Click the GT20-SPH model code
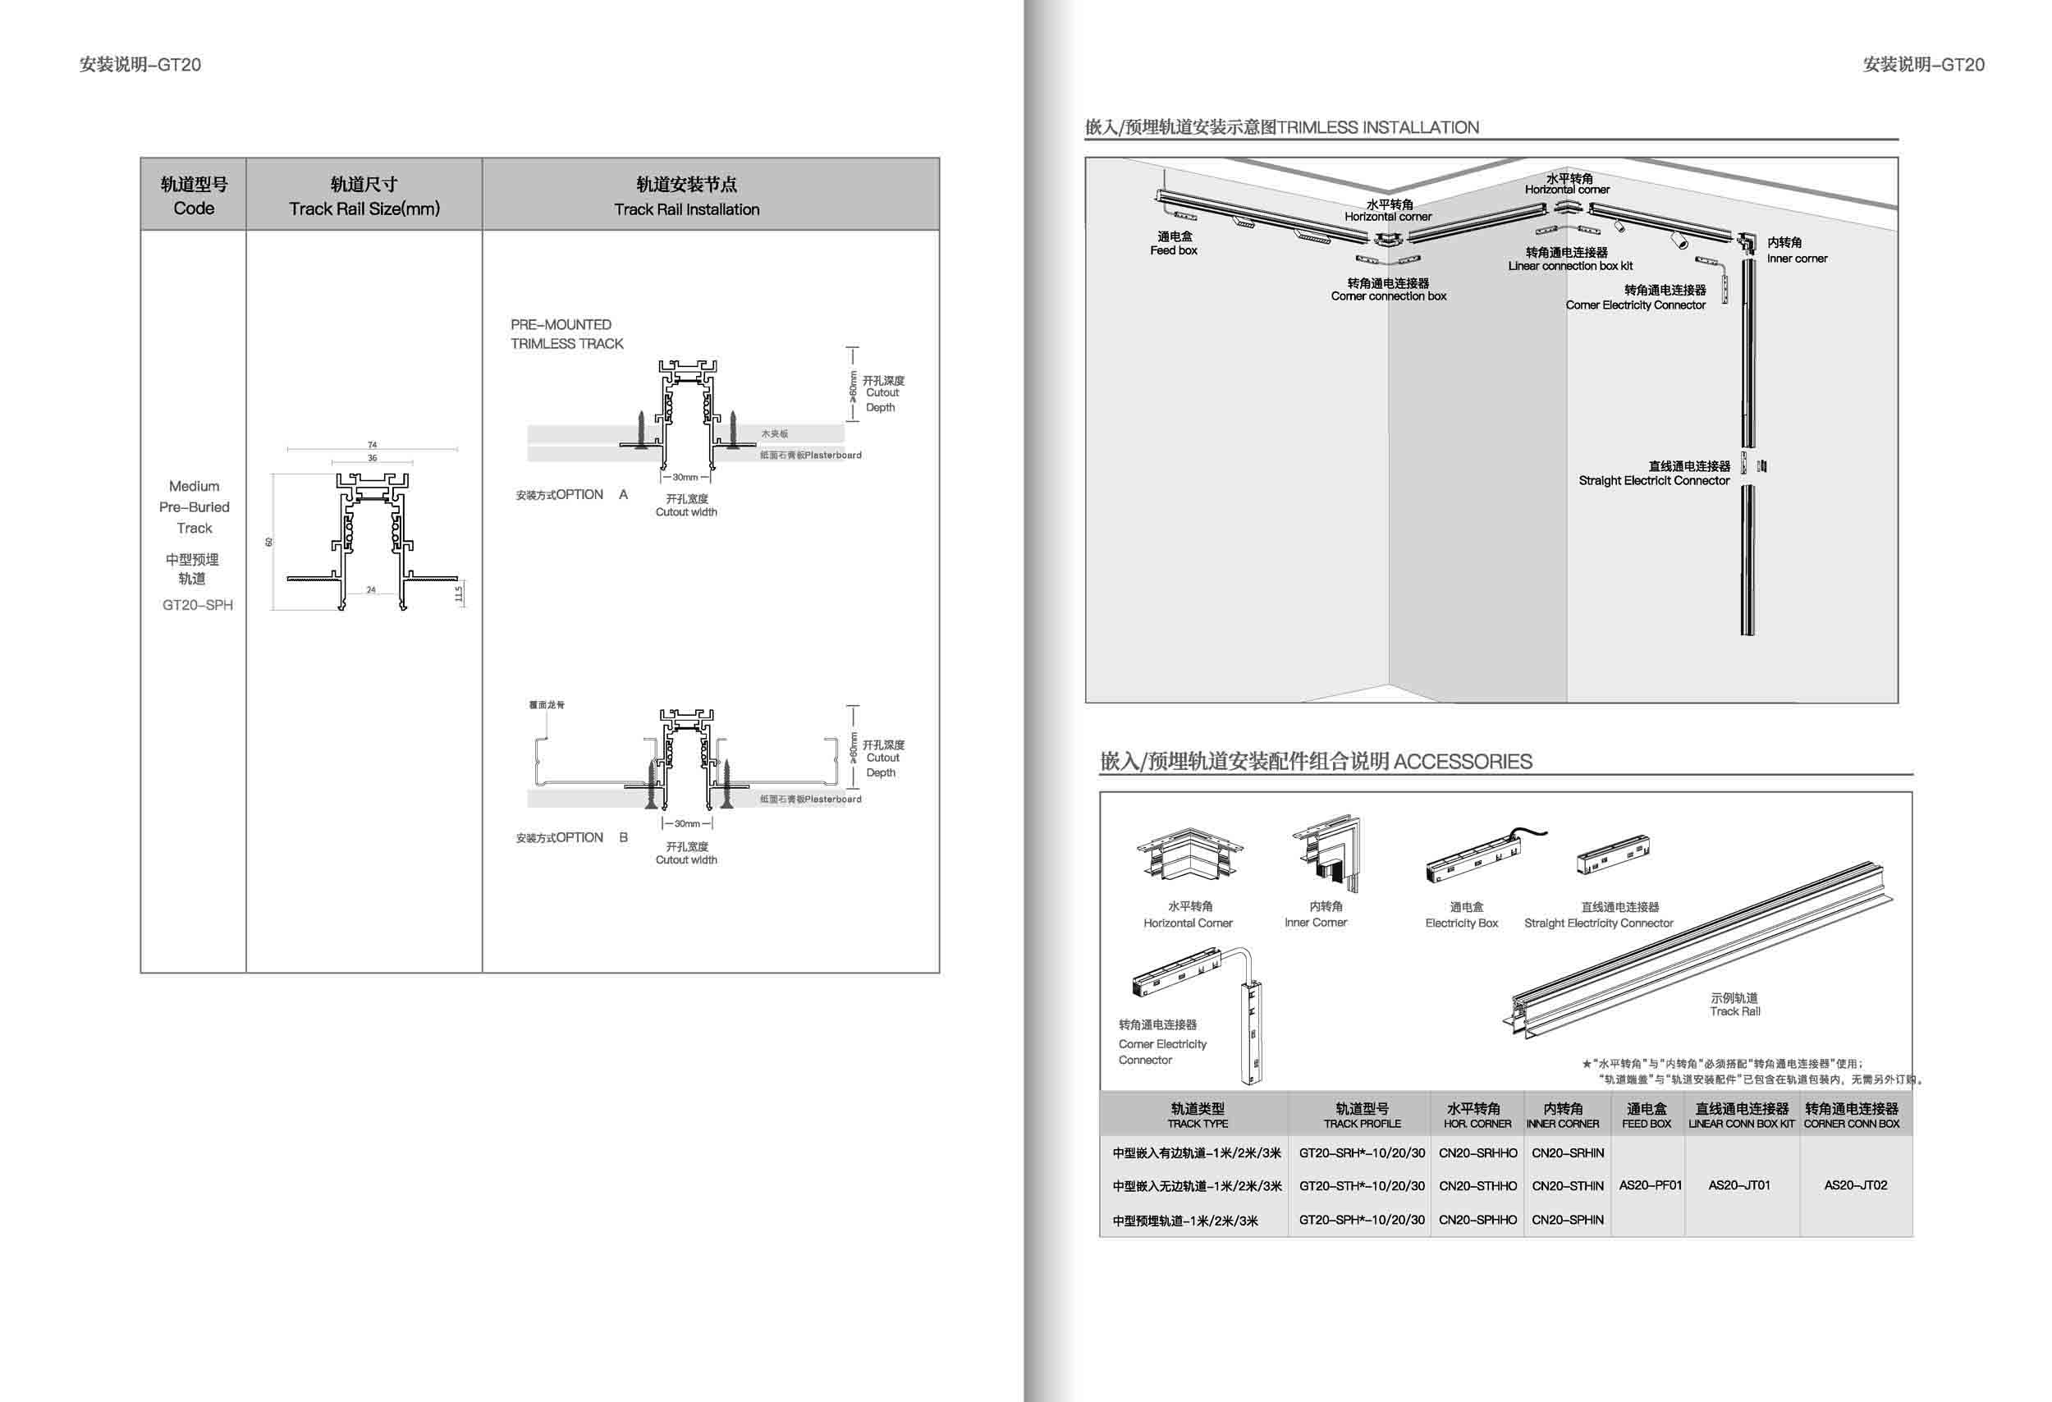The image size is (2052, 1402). pos(197,605)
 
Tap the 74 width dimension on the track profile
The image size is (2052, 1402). pos(373,445)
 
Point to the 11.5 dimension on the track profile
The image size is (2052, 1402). pos(458,594)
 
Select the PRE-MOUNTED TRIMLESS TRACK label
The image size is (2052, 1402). pos(566,334)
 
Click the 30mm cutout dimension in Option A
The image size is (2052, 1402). pos(685,477)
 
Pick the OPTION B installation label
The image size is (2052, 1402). pos(572,837)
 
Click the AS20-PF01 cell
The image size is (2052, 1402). pos(1649,1184)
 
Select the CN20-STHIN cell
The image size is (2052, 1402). pos(1567,1185)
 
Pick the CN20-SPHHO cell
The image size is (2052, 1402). pos(1477,1219)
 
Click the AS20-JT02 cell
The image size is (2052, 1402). pos(1855,1184)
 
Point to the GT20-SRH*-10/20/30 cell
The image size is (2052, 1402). pos(1362,1152)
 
